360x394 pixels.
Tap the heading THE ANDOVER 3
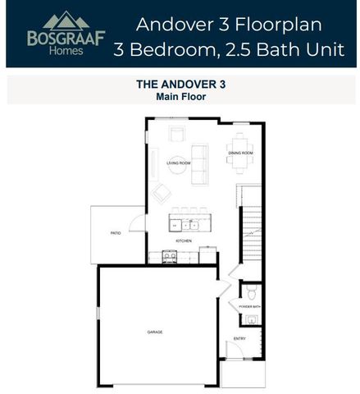click(x=179, y=84)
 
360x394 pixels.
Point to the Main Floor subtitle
click(x=179, y=96)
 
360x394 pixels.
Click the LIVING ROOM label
click(x=178, y=163)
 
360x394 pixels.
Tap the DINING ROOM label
click(x=240, y=153)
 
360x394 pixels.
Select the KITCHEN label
click(x=183, y=241)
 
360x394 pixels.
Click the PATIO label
click(x=116, y=233)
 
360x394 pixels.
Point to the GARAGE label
click(x=154, y=332)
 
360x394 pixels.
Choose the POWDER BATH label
click(x=249, y=306)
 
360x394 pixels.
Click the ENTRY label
click(x=239, y=338)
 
